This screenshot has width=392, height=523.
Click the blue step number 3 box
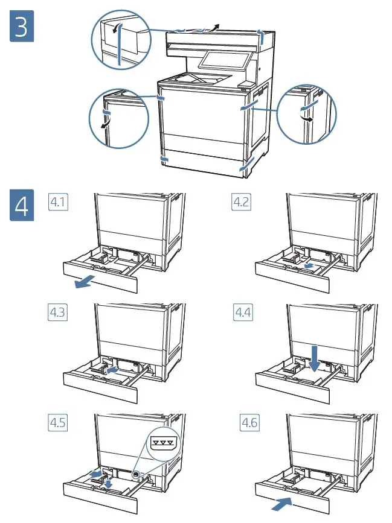(x=21, y=28)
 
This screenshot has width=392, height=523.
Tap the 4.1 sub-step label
(x=58, y=203)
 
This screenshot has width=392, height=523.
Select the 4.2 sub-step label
(x=241, y=203)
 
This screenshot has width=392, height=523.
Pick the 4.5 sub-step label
(x=58, y=423)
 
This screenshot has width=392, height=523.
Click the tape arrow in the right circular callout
(x=309, y=119)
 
